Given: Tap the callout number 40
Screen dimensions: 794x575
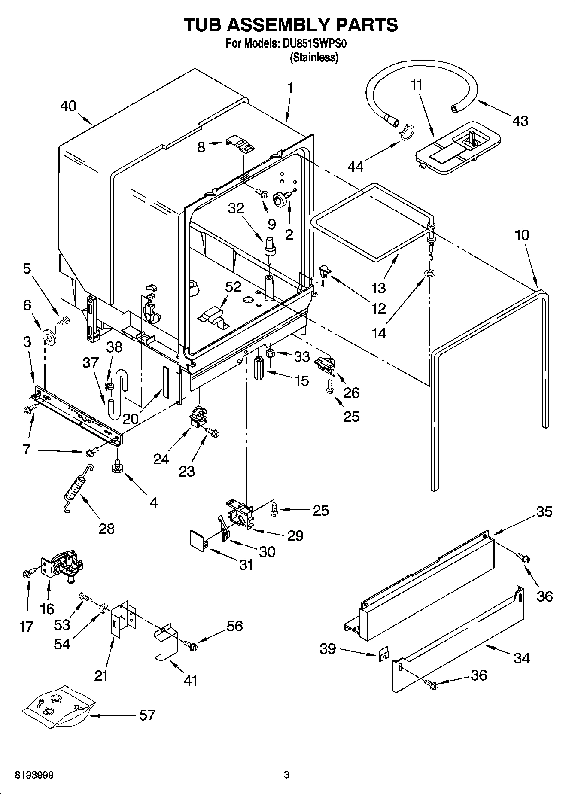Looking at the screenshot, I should (x=68, y=106).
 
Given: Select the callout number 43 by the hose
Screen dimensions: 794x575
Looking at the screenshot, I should (x=520, y=121).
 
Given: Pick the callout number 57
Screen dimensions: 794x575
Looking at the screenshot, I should (x=147, y=715).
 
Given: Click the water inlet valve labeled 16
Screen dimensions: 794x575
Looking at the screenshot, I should (x=64, y=567).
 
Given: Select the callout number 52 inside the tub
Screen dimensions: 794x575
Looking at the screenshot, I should (x=233, y=287).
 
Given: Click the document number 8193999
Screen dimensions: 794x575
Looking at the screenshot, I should (x=34, y=775).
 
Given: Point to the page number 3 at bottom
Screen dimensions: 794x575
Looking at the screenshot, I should (x=287, y=775).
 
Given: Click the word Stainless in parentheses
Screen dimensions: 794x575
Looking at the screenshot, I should (x=314, y=57).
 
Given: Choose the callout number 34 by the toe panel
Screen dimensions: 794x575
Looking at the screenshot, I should (x=521, y=657).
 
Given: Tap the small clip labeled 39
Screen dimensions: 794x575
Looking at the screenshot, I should (x=383, y=654).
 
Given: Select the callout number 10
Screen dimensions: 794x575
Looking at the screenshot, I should (x=522, y=235).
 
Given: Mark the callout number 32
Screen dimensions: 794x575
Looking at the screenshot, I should (x=236, y=208).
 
